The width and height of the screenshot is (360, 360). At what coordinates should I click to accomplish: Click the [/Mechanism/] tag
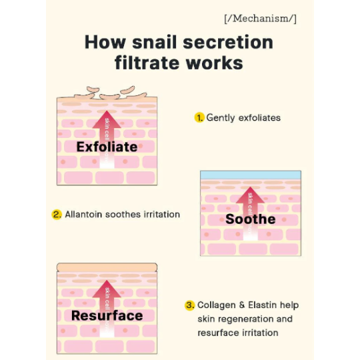coord(261,19)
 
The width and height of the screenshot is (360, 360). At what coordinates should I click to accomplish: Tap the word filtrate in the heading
coord(147,63)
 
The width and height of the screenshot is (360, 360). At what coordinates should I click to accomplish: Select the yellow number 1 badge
coord(199,117)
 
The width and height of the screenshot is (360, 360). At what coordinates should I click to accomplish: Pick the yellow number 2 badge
coord(57,215)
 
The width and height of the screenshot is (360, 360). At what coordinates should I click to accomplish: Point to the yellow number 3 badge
coord(189,305)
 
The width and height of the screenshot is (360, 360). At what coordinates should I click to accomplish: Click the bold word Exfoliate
coord(107,147)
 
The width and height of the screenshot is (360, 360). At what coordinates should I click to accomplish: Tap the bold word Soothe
coord(251,219)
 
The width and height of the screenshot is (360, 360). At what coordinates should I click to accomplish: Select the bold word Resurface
coord(107,315)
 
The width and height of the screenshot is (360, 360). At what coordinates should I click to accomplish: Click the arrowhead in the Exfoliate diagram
coord(107,119)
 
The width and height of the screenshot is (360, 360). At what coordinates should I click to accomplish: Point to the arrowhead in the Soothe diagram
coord(250,195)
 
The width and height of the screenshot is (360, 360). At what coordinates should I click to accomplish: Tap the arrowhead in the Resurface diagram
coord(107,289)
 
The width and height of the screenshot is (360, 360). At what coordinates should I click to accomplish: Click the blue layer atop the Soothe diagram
coord(251,175)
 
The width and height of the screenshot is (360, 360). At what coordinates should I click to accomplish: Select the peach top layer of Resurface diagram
coord(107,267)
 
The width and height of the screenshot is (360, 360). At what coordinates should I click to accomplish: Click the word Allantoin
coord(83,215)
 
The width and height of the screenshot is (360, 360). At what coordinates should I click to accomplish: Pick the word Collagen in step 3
coord(217,305)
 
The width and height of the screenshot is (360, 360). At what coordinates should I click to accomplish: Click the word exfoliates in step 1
coord(260,117)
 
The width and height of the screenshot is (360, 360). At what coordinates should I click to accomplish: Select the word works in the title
coord(215,63)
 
